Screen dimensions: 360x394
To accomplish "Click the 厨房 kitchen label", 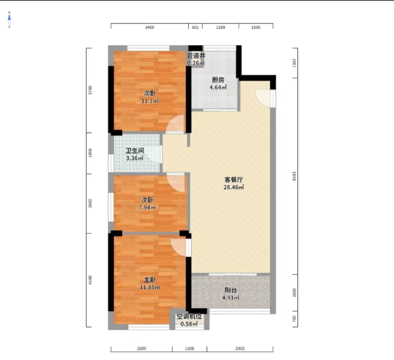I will [218, 80].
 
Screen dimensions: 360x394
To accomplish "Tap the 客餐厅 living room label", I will [233, 179].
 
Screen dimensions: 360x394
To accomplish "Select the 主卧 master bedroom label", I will [150, 280].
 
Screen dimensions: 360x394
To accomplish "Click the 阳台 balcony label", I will [231, 290].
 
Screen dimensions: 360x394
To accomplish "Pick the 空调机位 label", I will [189, 316].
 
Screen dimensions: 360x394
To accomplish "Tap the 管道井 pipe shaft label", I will [196, 56].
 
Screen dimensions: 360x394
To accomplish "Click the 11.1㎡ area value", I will [150, 101].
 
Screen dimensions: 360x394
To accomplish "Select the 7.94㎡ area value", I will [148, 208].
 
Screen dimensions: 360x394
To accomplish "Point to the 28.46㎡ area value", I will [233, 187].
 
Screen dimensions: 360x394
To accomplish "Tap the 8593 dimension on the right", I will [295, 176].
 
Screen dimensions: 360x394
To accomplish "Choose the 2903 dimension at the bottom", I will [240, 349].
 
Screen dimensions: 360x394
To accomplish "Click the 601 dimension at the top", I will [195, 27].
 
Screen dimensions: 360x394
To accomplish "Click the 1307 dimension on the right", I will [295, 63].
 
